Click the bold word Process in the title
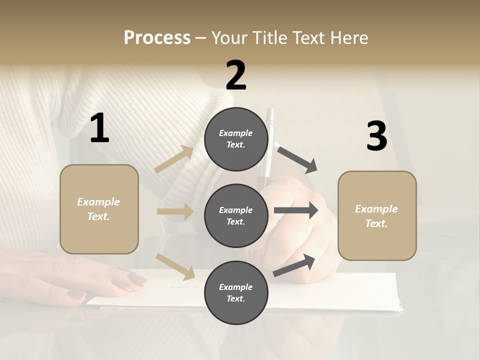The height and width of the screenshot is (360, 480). pyautogui.click(x=157, y=37)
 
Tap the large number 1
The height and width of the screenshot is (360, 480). pyautogui.click(x=99, y=128)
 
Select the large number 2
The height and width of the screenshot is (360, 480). pyautogui.click(x=236, y=75)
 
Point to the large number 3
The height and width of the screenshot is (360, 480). pyautogui.click(x=376, y=136)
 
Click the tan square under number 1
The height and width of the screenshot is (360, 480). pyautogui.click(x=99, y=209)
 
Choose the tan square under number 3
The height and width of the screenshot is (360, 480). pyautogui.click(x=377, y=215)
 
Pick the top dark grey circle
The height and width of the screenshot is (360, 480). pyautogui.click(x=236, y=139)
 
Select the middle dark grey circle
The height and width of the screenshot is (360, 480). pyautogui.click(x=236, y=215)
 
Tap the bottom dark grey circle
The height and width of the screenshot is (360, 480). pyautogui.click(x=236, y=292)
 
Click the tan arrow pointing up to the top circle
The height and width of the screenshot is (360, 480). pyautogui.click(x=173, y=159)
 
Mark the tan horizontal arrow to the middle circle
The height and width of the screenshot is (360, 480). pyautogui.click(x=174, y=211)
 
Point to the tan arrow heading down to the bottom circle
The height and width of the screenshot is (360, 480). pyautogui.click(x=175, y=266)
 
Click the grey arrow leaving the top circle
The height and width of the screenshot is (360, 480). pyautogui.click(x=297, y=159)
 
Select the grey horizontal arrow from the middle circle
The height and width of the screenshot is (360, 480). pyautogui.click(x=295, y=210)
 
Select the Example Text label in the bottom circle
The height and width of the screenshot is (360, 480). pyautogui.click(x=236, y=293)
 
